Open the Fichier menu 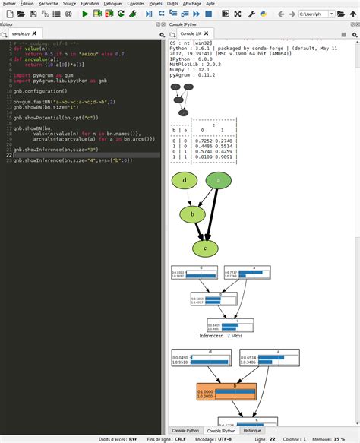pyautogui.click(x=9, y=4)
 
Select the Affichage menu pyautogui.click(x=192, y=4)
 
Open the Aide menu pyautogui.click(x=210, y=4)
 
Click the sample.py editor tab pyautogui.click(x=21, y=35)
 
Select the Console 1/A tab pyautogui.click(x=191, y=35)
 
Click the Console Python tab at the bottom pyautogui.click(x=186, y=431)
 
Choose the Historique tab pyautogui.click(x=254, y=431)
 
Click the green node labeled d pyautogui.click(x=185, y=180)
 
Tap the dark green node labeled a pyautogui.click(x=219, y=180)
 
